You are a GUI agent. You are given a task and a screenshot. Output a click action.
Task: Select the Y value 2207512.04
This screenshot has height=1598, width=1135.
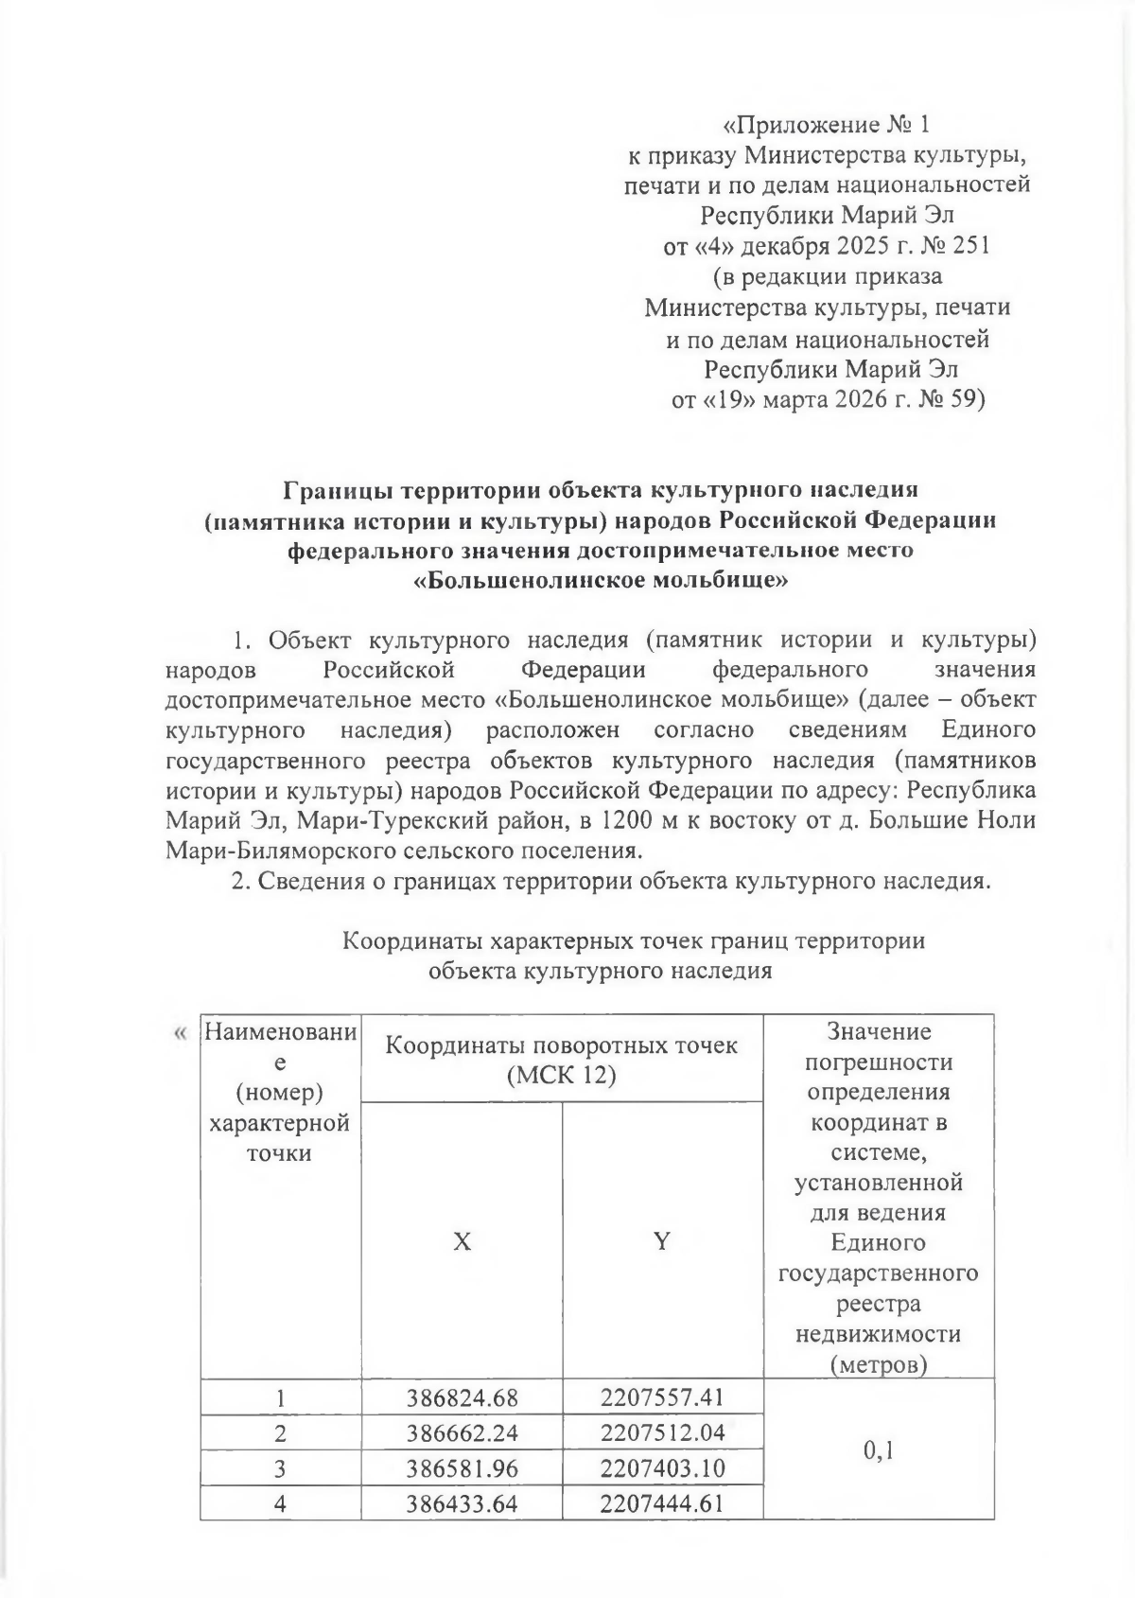coord(662,1431)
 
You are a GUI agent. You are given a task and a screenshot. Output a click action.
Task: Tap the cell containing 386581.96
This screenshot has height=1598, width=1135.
coord(463,1467)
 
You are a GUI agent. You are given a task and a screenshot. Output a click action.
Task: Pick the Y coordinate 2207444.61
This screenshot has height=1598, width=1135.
coord(662,1502)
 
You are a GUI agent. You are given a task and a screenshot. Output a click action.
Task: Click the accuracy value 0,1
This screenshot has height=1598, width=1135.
coord(878,1449)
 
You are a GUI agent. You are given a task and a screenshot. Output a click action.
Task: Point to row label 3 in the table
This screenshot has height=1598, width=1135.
coord(280,1467)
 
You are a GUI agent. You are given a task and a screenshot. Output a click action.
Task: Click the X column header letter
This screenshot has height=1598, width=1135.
coord(462,1241)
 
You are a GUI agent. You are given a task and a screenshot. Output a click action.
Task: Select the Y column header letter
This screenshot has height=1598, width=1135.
coord(662,1241)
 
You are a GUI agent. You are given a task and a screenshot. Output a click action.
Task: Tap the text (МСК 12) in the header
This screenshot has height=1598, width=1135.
coord(561,1076)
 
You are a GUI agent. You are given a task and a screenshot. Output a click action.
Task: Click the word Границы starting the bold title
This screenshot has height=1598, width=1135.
coord(340,489)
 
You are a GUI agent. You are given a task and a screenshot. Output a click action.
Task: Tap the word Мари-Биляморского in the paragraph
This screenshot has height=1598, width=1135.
coord(282,850)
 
